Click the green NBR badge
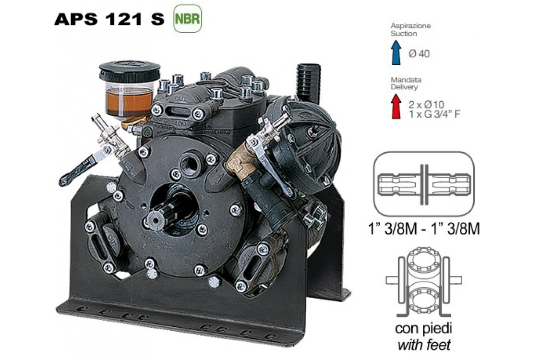[x=187, y=18]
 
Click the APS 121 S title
[x=109, y=19]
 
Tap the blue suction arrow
[x=396, y=52]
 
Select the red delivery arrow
[x=396, y=107]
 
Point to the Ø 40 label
[x=419, y=54]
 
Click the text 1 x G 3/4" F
[x=434, y=114]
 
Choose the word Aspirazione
[x=410, y=25]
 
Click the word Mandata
[x=406, y=80]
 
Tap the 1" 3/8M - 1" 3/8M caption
[x=424, y=228]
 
